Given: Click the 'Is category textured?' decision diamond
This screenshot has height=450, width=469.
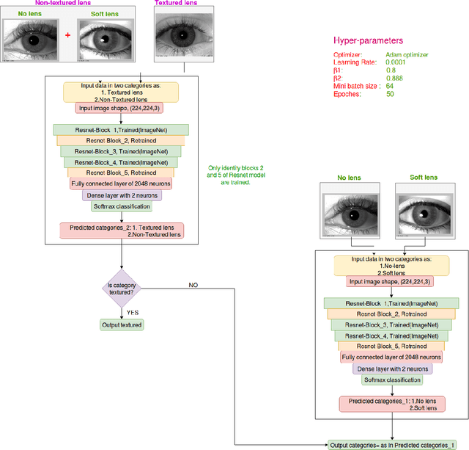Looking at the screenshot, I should pos(122,288).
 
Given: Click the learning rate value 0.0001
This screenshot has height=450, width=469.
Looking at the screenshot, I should pos(396,62).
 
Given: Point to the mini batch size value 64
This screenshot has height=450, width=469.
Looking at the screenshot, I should pos(390,87).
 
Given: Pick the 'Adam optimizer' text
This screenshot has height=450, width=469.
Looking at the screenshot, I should pos(407,54).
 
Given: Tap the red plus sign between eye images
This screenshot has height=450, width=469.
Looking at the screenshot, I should pos(67,35).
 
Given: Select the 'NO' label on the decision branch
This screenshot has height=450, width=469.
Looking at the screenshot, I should pos(193,284).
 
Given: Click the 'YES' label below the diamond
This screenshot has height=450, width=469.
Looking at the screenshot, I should pos(132,312).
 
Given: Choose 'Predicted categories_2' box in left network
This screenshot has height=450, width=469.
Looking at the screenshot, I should pos(122,231).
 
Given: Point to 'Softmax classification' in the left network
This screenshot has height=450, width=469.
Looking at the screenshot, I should pos(121,206).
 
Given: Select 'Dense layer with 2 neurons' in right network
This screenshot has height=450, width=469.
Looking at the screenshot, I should pos(391,369).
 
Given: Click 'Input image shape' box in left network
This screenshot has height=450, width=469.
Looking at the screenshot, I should pos(121,108).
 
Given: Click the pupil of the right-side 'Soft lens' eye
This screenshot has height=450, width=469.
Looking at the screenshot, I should pos(422,215).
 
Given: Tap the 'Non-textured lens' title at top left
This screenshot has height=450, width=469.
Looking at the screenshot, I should pos(59,3).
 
